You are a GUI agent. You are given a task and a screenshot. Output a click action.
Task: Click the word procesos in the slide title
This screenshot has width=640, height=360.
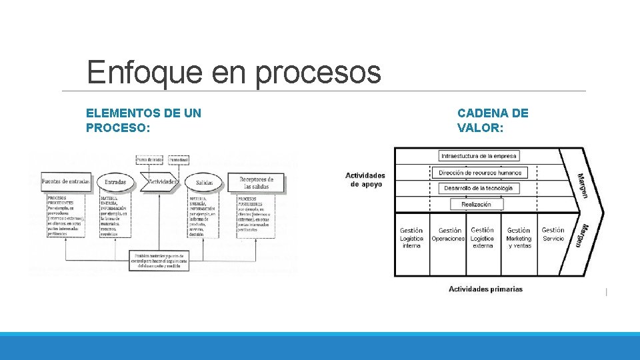coord(317,72)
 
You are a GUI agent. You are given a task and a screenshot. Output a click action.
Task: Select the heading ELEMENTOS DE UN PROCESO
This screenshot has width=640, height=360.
coord(143,120)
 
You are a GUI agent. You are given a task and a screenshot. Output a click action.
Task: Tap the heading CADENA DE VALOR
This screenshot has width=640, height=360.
coord(492,120)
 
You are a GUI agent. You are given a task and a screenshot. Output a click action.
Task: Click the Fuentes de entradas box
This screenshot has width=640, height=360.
coord(66,181)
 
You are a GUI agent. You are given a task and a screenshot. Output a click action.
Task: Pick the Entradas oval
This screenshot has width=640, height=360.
coord(115,181)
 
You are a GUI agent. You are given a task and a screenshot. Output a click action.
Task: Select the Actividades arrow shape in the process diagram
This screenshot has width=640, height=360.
coord(160,181)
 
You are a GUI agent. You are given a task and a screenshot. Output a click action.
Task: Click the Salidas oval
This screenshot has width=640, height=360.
coord(204,182)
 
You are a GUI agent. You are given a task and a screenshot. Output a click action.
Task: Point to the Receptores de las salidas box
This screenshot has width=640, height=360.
coord(256,183)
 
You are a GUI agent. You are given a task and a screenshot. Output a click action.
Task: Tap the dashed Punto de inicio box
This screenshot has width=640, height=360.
coord(150,160)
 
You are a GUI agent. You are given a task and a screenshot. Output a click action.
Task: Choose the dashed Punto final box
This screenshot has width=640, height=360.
coord(179,160)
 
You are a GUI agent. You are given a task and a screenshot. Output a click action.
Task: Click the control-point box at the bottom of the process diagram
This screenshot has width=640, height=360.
coord(159,261)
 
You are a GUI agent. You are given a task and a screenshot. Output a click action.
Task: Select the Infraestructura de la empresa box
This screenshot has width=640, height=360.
coord(479,156)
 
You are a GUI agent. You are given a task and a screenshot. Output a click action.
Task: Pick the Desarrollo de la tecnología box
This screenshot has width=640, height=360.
coord(479,189)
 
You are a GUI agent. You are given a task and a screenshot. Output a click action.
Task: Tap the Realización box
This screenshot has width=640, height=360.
coord(476,205)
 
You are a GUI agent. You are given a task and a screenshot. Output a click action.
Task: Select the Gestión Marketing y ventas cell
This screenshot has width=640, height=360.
coord(519,237)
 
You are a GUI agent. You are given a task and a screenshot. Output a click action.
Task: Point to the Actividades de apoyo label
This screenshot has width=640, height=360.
coord(365,179)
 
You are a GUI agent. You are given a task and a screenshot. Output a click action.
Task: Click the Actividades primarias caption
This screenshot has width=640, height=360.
coord(485,289)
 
